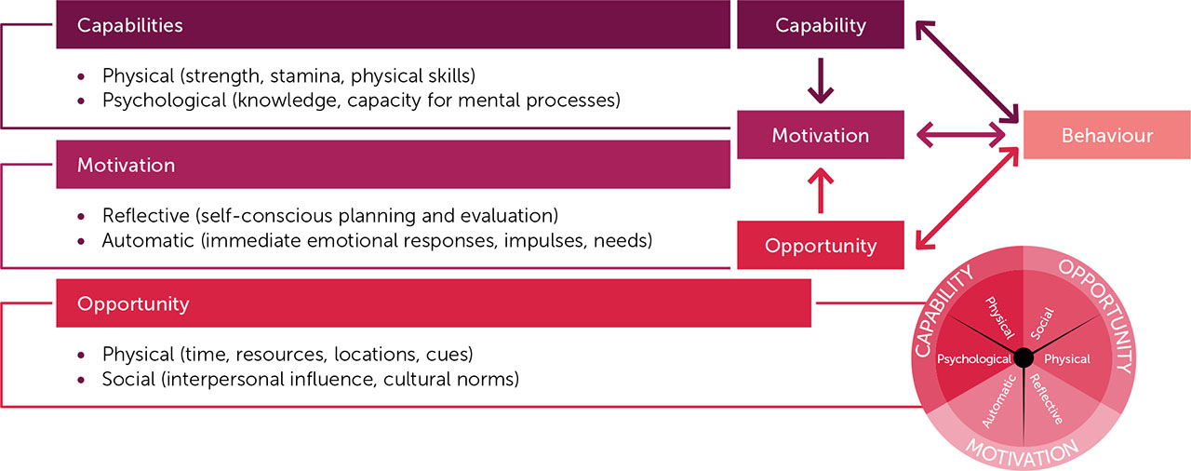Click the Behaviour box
[x=1106, y=136]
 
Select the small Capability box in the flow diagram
[x=820, y=25]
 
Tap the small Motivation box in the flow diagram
[x=820, y=135]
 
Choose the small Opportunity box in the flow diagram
[x=820, y=246]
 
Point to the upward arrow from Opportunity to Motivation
[x=820, y=190]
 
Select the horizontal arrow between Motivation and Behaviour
[x=963, y=136]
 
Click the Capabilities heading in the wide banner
[x=129, y=25]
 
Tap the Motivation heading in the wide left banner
[x=126, y=165]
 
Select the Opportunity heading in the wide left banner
[x=133, y=303]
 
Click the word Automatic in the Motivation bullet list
[x=145, y=240]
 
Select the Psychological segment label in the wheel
[x=973, y=359]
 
